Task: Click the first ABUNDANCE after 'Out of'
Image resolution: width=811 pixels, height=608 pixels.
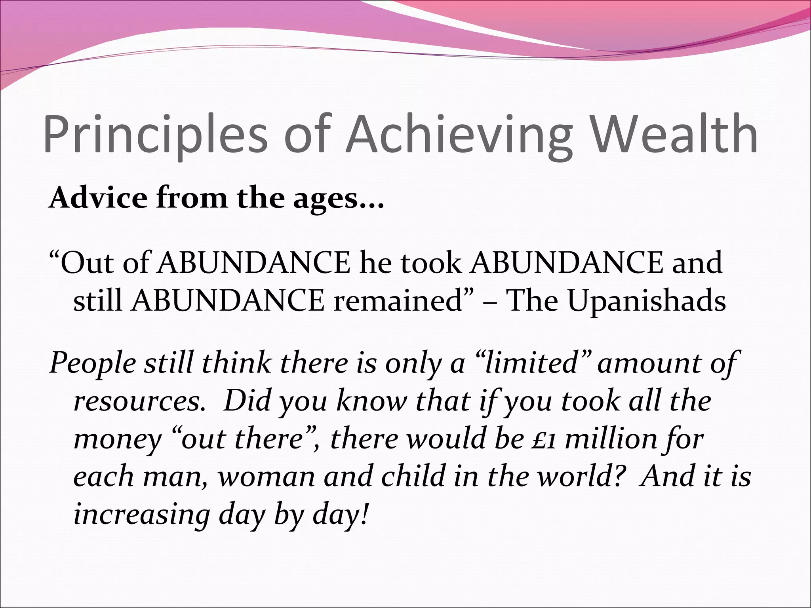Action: (x=253, y=263)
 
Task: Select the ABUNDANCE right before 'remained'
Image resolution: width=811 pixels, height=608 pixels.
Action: (x=228, y=301)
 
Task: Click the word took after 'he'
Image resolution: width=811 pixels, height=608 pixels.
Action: (x=431, y=263)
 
